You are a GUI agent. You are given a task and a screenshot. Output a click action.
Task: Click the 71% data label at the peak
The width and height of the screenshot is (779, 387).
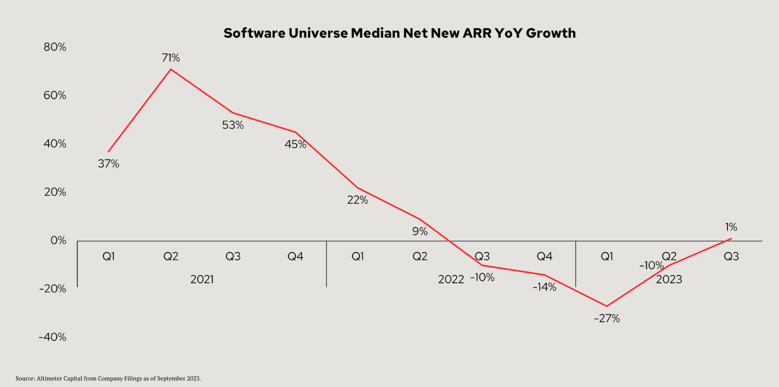tap(171, 58)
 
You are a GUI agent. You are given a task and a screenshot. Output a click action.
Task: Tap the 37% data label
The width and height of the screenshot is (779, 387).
tap(108, 164)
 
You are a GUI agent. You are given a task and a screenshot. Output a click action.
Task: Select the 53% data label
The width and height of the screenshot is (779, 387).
tap(233, 125)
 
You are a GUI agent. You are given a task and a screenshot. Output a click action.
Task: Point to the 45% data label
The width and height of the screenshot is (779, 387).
tap(295, 144)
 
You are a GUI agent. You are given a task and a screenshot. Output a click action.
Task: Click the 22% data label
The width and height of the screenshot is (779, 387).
tap(358, 200)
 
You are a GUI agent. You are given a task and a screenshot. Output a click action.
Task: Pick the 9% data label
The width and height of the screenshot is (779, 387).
tap(420, 232)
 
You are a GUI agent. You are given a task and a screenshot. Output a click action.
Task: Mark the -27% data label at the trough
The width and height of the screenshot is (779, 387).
tap(607, 318)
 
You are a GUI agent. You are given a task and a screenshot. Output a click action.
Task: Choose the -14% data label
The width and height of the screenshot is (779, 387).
tap(544, 287)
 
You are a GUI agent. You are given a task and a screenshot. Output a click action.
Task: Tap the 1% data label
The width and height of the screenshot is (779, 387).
tap(731, 227)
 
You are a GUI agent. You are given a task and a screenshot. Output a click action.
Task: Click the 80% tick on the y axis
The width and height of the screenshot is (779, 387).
tap(54, 47)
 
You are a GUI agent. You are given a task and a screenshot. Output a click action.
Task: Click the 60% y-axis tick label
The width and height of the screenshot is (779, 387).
tap(54, 96)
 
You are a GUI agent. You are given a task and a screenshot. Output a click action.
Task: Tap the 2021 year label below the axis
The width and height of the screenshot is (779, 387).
tap(202, 279)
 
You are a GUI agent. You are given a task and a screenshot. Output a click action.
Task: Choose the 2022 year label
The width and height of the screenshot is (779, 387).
tap(451, 279)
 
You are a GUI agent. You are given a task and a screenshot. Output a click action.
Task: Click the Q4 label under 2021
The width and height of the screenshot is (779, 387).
tap(295, 256)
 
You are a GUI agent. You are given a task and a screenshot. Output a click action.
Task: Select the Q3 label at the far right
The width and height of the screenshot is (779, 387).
tap(731, 256)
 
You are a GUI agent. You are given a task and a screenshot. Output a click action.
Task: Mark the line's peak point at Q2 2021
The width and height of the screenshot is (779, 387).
tap(171, 69)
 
